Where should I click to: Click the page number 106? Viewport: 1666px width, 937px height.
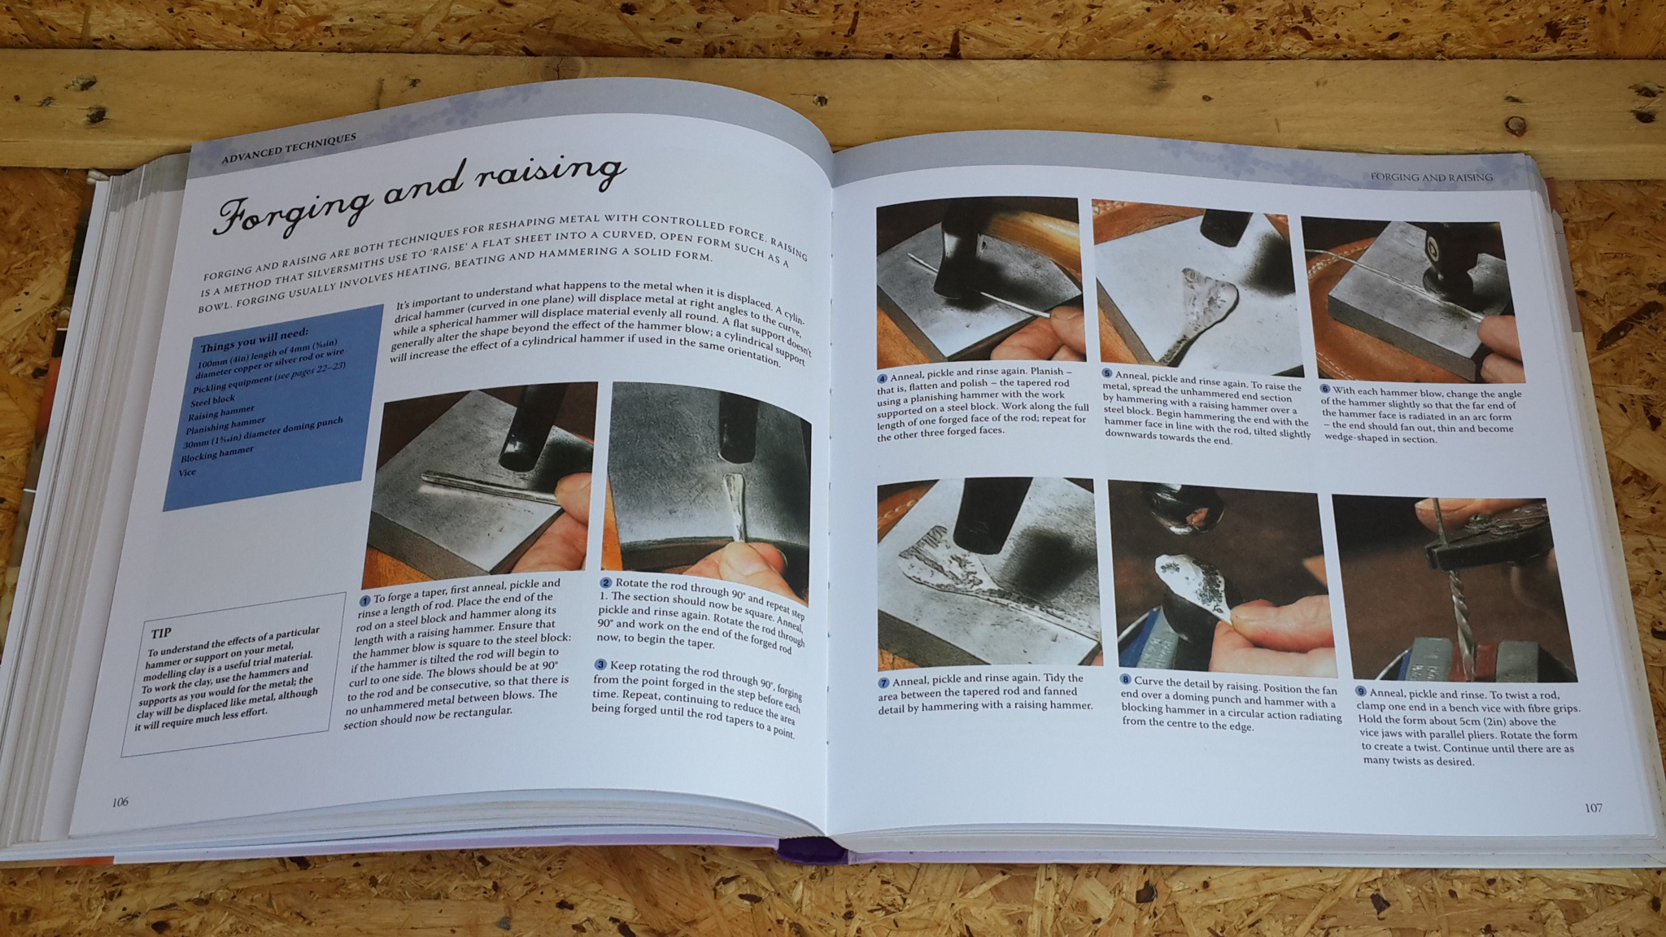pos(120,802)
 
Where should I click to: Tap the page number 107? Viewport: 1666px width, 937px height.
pos(1593,808)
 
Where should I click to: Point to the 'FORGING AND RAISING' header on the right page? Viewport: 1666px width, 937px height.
pos(1431,177)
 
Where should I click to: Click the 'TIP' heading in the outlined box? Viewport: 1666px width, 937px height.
pos(161,632)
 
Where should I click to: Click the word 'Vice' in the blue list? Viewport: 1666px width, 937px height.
pos(187,472)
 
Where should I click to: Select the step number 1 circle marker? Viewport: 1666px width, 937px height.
pos(365,599)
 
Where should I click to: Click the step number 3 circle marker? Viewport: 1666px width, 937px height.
pos(600,665)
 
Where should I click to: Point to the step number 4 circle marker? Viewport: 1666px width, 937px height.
pos(882,378)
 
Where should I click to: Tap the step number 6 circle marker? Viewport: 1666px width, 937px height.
pos(1324,390)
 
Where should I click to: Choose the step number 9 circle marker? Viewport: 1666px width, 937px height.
pos(1360,691)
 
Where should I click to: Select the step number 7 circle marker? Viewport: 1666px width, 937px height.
pos(883,682)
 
